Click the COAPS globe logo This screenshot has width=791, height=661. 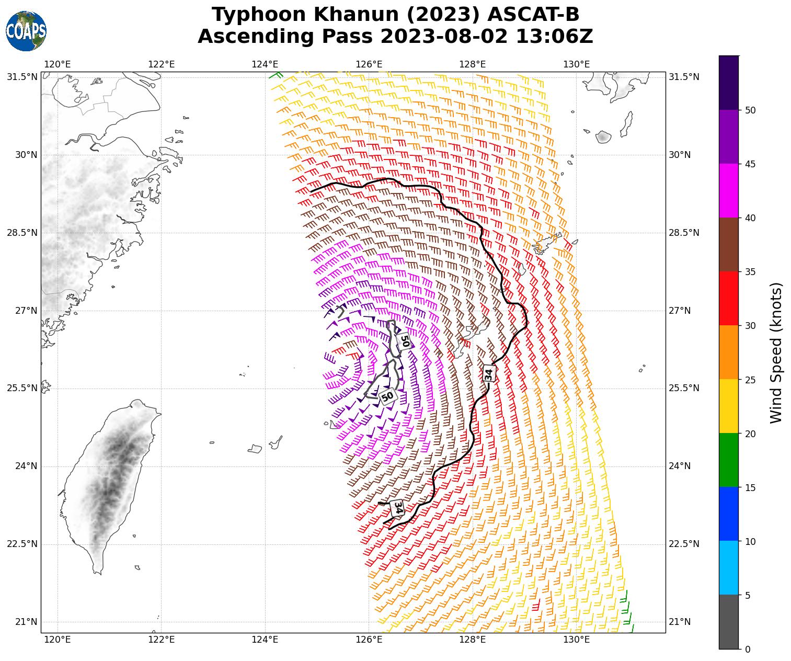26,31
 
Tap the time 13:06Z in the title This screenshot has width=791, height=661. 555,37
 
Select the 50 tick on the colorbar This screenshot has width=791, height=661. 750,110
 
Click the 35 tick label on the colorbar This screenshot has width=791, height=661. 750,272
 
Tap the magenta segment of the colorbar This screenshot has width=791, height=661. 729,191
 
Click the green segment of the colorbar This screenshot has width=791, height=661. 729,460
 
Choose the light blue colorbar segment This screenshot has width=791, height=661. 729,567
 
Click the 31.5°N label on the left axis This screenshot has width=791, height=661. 22,77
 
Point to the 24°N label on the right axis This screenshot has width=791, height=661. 680,466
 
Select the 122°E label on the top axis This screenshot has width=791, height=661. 162,64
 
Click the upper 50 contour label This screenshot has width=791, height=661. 404,340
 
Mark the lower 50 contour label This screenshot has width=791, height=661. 387,397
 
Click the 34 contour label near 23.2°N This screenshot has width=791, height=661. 398,507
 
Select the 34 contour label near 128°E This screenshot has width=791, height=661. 489,373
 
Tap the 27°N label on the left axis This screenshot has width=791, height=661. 22,311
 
